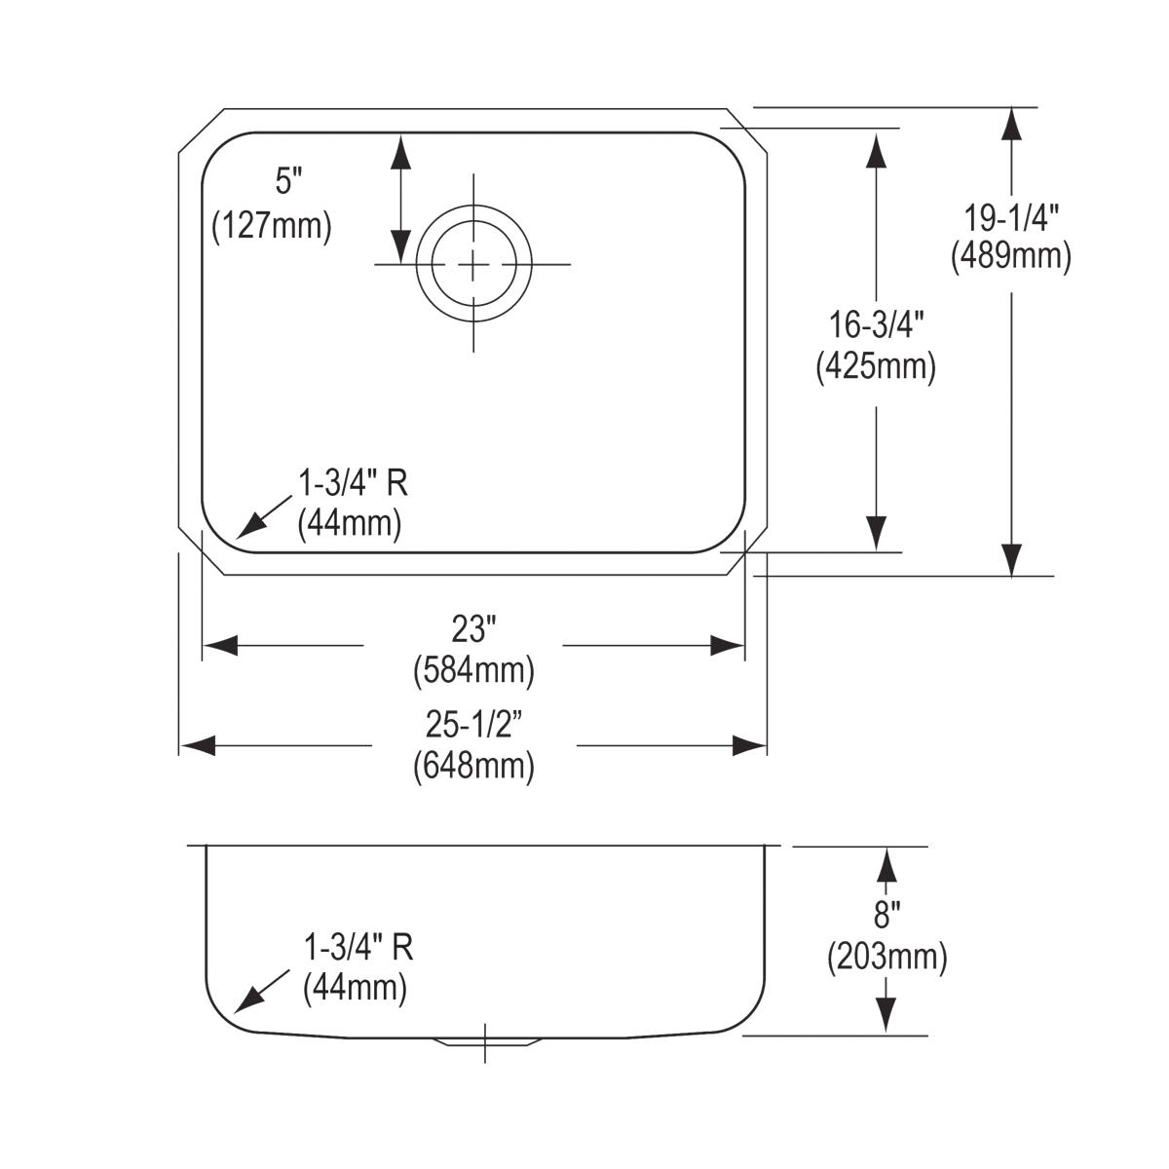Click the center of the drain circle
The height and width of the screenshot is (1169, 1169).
coord(474,263)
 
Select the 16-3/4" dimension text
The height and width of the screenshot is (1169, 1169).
coord(876,323)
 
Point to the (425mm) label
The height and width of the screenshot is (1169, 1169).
coord(876,366)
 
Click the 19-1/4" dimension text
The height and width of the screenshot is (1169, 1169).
coord(1010,215)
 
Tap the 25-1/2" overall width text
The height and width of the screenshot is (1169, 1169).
coord(473,724)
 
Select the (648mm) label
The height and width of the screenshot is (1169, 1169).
coord(473,766)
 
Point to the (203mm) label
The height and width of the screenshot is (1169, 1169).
coord(886,958)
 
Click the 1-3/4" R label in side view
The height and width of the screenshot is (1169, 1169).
coord(358,947)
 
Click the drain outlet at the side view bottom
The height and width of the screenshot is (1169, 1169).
coord(485,1039)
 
